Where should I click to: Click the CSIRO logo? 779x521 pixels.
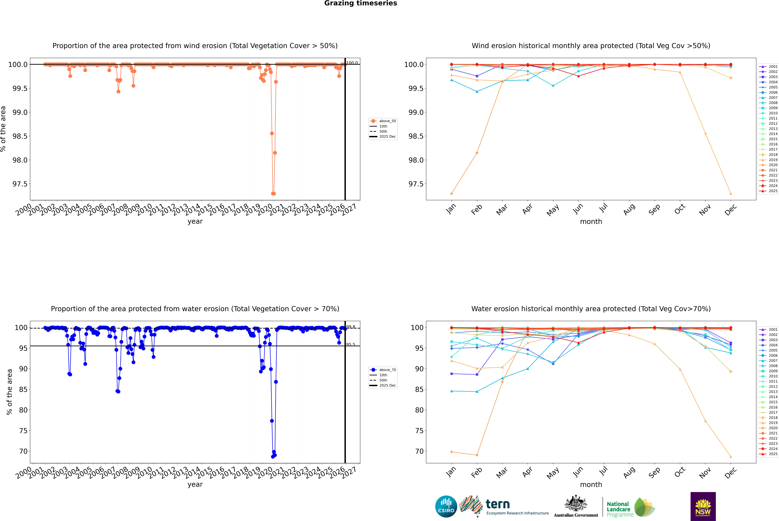pyautogui.click(x=446, y=506)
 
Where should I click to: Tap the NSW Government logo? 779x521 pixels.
pyautogui.click(x=703, y=506)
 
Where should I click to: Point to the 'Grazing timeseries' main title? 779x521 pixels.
pyautogui.click(x=361, y=3)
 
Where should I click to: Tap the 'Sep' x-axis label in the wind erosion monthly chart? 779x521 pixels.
pyautogui.click(x=654, y=209)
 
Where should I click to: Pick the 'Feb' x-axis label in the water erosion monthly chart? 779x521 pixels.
pyautogui.click(x=476, y=473)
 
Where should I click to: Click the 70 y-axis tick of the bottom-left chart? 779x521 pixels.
pyautogui.click(x=23, y=451)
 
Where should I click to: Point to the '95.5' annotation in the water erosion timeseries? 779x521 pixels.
pyautogui.click(x=351, y=345)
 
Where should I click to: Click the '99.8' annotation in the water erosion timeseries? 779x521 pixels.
pyautogui.click(x=351, y=327)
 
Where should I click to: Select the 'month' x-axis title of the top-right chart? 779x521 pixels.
pyautogui.click(x=591, y=222)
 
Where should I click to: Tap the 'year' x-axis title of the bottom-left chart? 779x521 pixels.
pyautogui.click(x=195, y=484)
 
